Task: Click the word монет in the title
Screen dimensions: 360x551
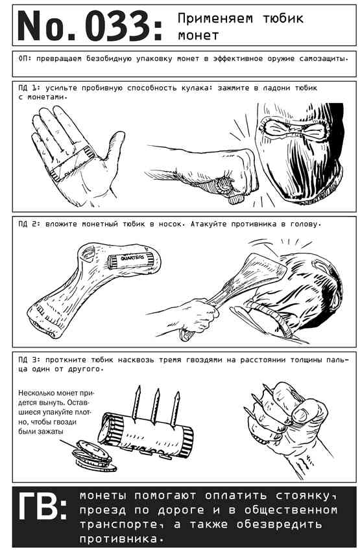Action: coord(198,35)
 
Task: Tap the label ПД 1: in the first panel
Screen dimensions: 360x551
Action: coord(29,88)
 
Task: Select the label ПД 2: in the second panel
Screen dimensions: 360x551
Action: coord(29,224)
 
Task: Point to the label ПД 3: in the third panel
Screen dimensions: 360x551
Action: coord(29,360)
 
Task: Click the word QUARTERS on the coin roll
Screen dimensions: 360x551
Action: coord(132,257)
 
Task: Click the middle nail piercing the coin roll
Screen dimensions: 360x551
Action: coord(155,406)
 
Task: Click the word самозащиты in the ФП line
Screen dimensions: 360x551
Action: coord(324,59)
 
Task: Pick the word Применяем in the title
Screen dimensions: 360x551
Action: coord(215,18)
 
